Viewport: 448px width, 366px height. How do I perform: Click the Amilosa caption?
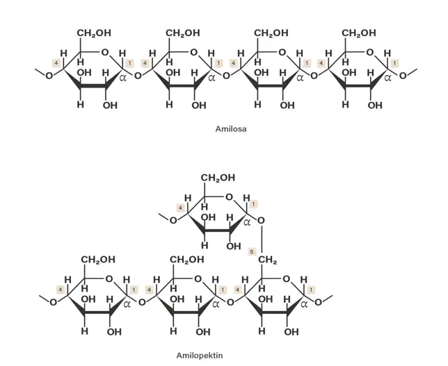(231, 129)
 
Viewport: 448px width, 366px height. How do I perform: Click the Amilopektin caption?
(200, 356)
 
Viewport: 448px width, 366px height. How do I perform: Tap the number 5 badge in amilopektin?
(252, 252)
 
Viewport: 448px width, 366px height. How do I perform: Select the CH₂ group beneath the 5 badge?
(267, 260)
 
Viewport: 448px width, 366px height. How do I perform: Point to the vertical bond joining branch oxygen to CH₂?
(262, 240)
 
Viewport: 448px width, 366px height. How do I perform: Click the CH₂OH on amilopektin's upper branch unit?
(218, 178)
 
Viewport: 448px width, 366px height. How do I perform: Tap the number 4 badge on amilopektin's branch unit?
(180, 208)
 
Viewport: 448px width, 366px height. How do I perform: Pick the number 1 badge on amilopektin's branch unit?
(253, 204)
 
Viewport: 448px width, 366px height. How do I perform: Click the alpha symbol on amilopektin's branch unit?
(247, 222)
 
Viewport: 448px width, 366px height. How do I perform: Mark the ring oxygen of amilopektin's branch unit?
(229, 197)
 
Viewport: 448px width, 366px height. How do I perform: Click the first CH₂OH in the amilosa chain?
(94, 33)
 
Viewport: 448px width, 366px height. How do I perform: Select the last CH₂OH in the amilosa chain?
(359, 33)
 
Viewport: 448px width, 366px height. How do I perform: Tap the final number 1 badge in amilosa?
(395, 63)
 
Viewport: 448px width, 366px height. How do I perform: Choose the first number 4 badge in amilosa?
(56, 63)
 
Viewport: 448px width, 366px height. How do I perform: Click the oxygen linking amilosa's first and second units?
(138, 76)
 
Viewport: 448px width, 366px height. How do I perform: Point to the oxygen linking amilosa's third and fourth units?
(314, 76)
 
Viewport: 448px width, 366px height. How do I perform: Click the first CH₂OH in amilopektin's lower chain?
(98, 260)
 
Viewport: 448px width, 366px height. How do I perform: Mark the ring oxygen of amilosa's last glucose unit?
(369, 53)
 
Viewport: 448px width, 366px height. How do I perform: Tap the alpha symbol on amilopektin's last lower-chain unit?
(305, 304)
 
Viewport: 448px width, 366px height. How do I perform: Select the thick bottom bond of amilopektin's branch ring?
(218, 230)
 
